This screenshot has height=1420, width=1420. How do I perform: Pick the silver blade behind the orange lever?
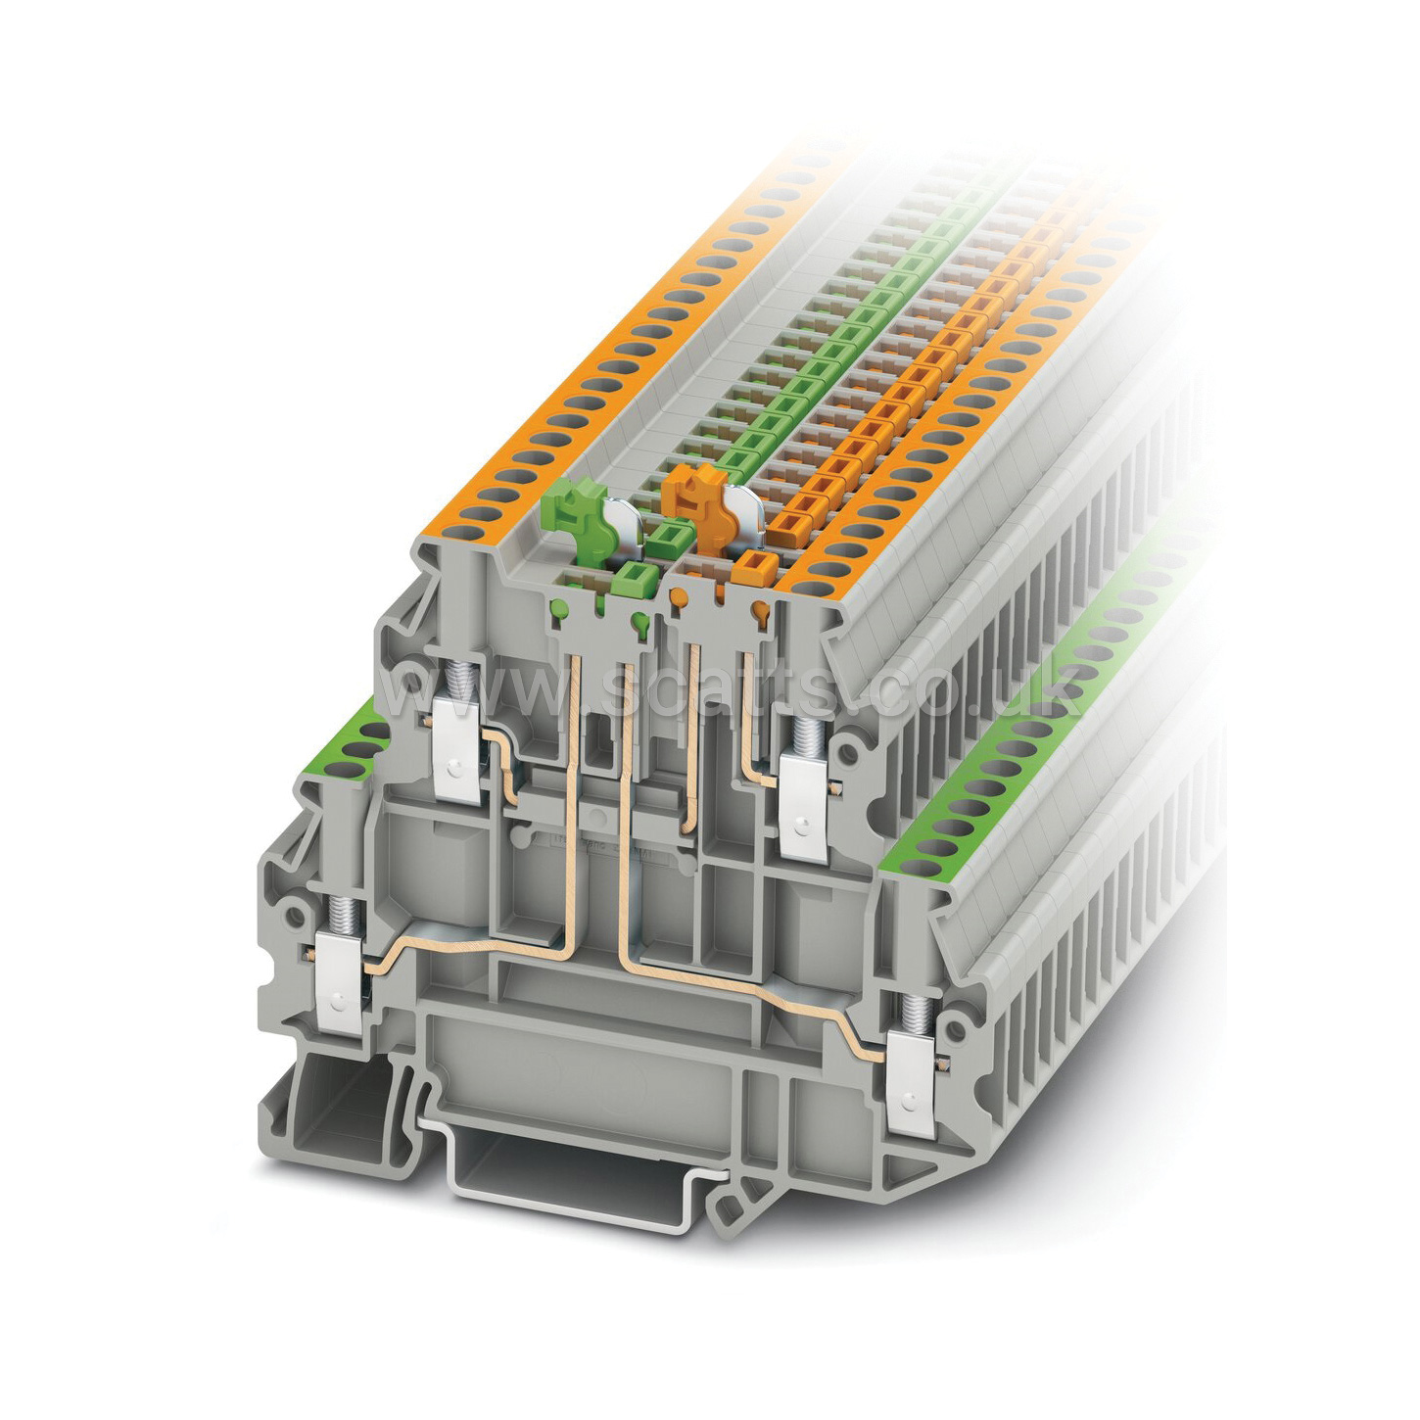745,508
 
